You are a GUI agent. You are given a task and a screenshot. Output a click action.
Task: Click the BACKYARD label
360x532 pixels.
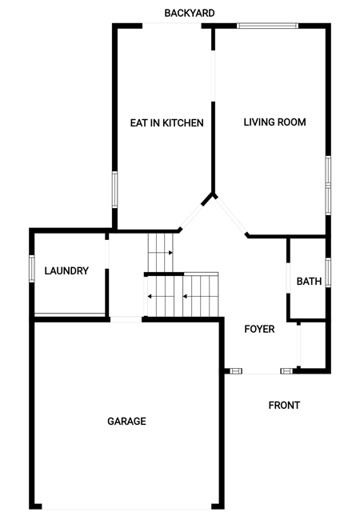click(190, 14)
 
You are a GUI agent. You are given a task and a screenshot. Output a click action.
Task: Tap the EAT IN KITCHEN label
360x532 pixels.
click(167, 123)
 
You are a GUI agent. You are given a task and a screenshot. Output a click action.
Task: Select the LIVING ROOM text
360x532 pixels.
click(275, 122)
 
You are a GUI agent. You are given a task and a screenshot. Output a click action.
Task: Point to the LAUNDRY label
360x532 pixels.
click(66, 270)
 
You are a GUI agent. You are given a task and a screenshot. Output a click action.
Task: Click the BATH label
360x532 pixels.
click(309, 282)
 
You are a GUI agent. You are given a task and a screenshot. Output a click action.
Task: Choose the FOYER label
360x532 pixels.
click(259, 329)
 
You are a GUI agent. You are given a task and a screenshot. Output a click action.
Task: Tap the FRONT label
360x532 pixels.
click(284, 406)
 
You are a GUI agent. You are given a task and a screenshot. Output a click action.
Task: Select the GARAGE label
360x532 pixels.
click(126, 422)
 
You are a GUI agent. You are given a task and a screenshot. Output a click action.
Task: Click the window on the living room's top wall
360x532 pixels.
click(267, 26)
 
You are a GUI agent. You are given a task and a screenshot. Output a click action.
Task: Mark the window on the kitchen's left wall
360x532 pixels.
click(114, 190)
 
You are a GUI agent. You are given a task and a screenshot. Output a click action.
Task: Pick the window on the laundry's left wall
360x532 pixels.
click(32, 269)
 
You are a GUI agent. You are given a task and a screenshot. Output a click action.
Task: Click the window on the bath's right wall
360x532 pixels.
click(328, 273)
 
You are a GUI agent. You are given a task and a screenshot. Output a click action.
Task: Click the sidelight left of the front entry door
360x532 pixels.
click(236, 371)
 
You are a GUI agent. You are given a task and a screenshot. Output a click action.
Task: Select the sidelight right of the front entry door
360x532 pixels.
click(286, 371)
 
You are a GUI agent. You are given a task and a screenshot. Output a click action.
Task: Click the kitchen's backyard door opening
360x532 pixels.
click(172, 26)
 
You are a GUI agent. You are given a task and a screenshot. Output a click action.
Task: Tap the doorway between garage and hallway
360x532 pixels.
click(126, 319)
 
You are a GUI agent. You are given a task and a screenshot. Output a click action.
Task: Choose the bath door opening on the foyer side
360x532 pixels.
click(288, 278)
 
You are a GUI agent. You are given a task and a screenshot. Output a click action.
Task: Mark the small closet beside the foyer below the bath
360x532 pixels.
click(313, 344)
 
